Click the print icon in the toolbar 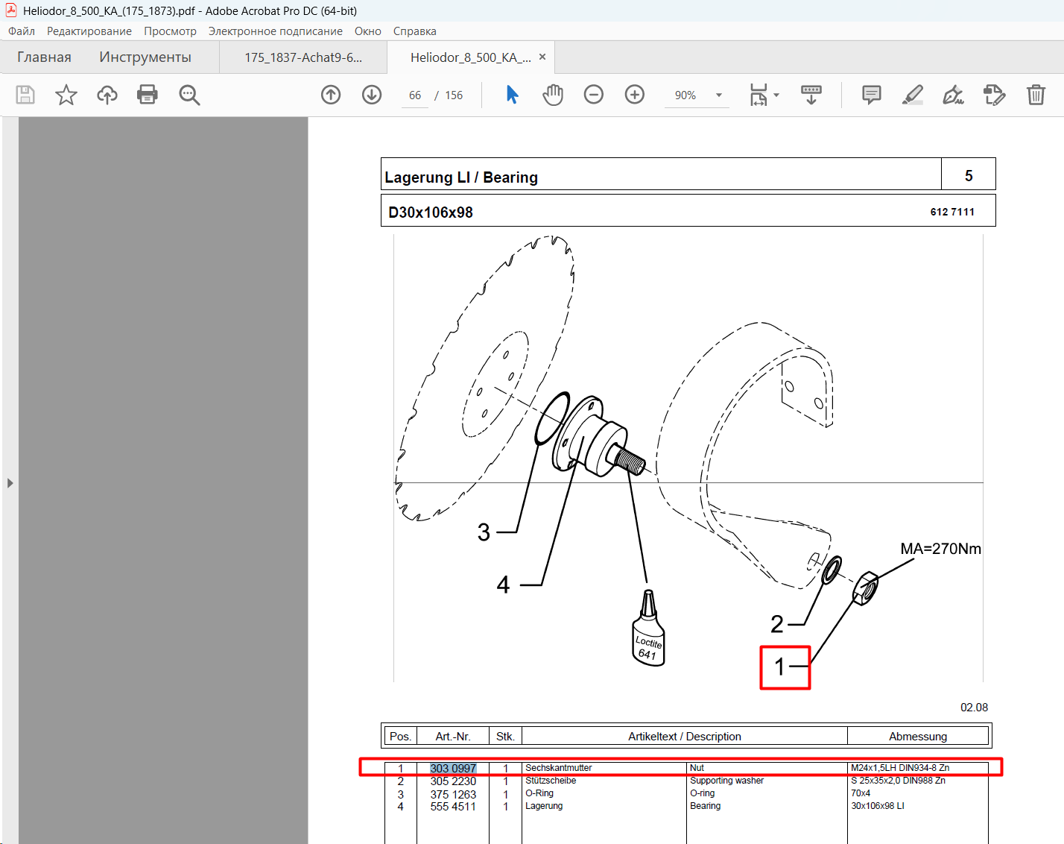click(x=147, y=95)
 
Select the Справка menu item click(x=414, y=31)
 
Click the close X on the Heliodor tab click(x=542, y=57)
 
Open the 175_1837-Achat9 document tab click(x=303, y=57)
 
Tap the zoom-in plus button click(x=634, y=95)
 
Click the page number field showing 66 click(x=415, y=95)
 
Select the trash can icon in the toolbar click(x=1036, y=95)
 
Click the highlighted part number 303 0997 click(x=453, y=768)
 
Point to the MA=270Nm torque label click(x=940, y=549)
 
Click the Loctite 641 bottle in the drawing click(x=648, y=629)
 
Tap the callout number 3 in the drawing click(x=484, y=532)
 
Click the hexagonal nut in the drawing click(x=866, y=588)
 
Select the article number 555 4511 click(x=453, y=807)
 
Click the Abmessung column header click(x=918, y=736)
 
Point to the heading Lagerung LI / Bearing click(x=460, y=177)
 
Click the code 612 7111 click(x=952, y=212)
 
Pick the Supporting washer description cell click(x=726, y=780)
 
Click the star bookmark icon click(x=66, y=95)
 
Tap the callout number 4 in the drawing click(x=503, y=585)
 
